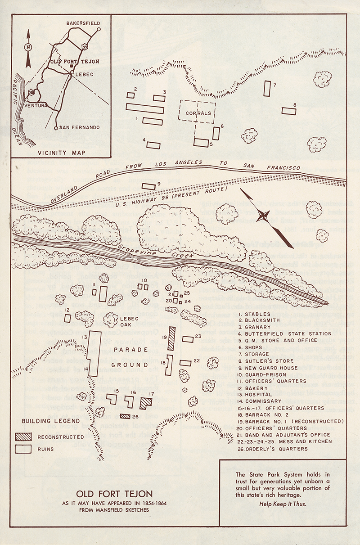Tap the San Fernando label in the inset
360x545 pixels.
point(79,128)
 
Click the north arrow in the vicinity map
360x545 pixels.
point(28,47)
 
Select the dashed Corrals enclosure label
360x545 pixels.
point(197,113)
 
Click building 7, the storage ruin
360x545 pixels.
point(267,89)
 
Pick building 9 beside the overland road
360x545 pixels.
point(148,186)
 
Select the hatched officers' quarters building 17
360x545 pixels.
point(146,403)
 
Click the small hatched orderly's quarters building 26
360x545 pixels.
point(126,416)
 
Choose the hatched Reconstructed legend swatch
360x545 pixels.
point(23,437)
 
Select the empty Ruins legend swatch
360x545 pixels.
point(23,449)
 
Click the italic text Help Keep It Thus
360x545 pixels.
point(283,504)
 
